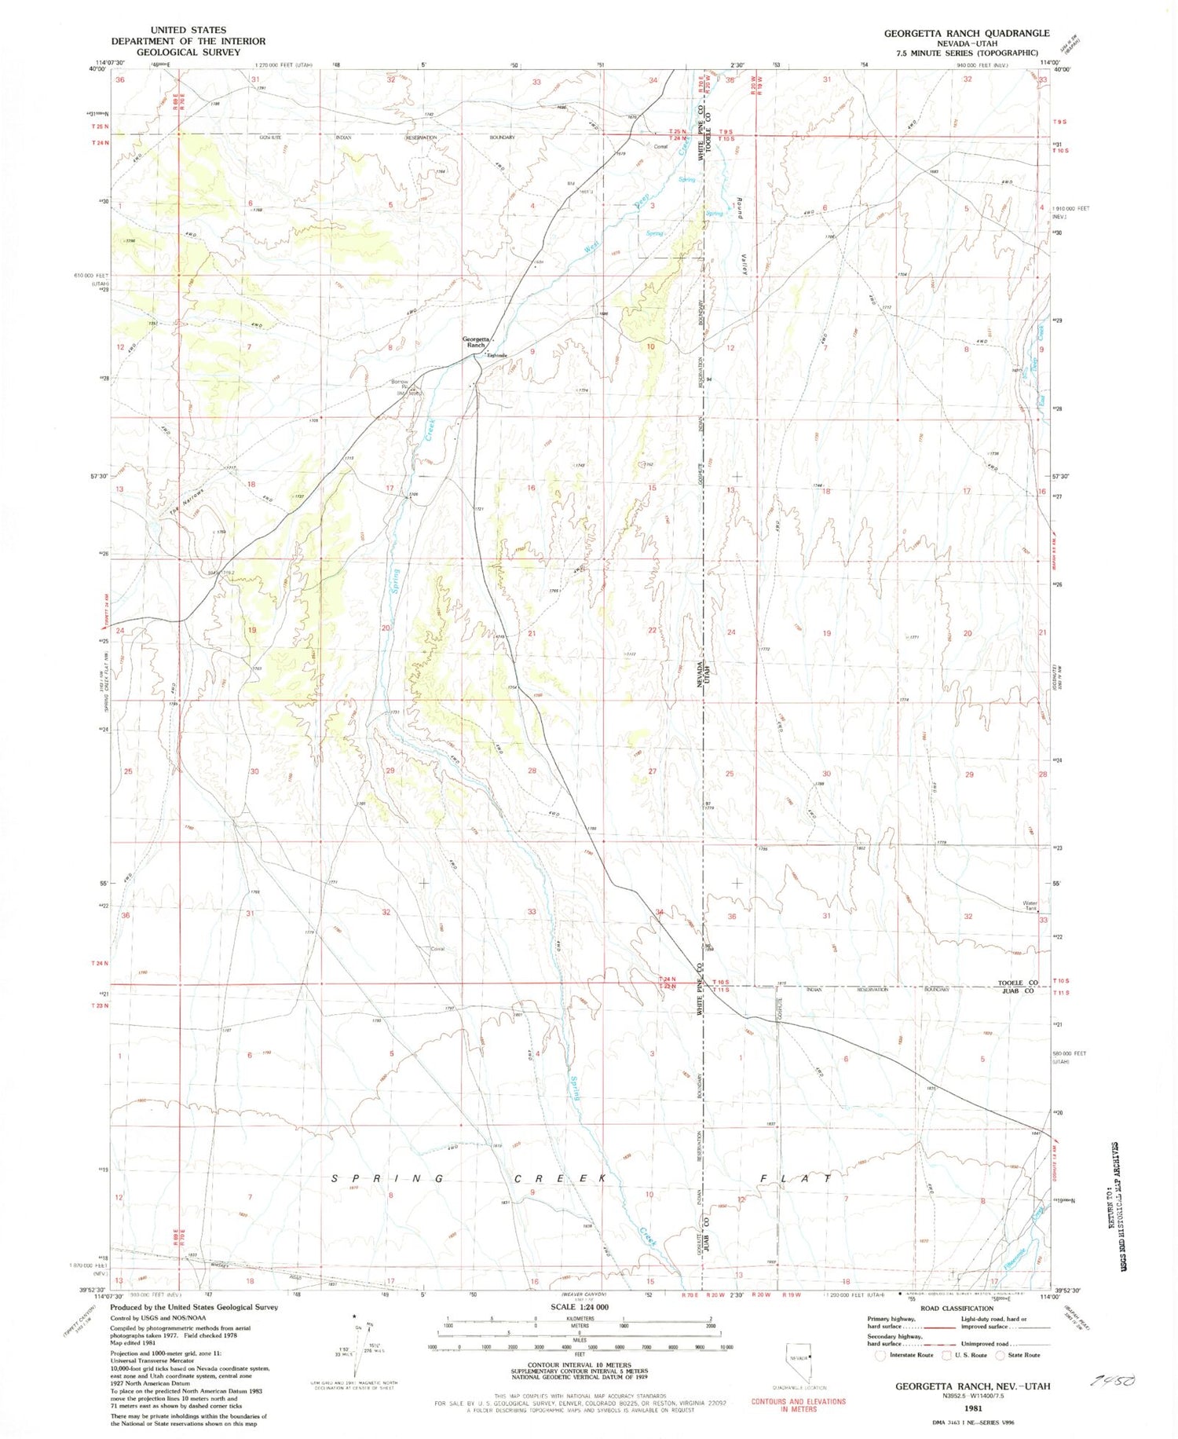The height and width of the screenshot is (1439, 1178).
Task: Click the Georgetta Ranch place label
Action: (476, 342)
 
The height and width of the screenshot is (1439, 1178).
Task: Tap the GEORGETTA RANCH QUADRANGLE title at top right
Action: (966, 33)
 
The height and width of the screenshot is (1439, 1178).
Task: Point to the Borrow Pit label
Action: (401, 385)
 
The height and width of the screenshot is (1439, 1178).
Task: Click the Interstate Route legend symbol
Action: (880, 1355)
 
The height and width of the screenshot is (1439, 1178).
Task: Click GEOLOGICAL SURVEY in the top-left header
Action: (188, 53)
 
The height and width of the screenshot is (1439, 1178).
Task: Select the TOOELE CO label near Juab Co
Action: (1018, 983)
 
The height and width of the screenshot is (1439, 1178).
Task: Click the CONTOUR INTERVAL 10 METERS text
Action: (580, 1365)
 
